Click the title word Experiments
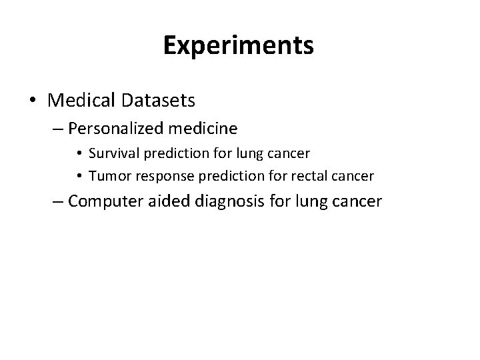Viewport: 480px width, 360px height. coord(239,46)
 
